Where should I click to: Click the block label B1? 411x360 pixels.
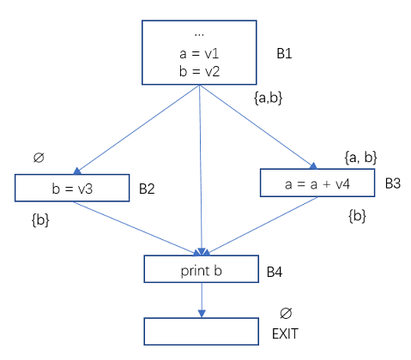point(284,53)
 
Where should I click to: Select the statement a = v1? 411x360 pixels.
point(199,53)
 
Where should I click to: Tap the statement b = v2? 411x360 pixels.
point(200,71)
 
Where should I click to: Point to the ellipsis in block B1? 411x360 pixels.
point(199,35)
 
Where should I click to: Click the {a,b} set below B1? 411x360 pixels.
point(269,98)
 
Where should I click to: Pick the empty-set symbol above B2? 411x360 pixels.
point(39,158)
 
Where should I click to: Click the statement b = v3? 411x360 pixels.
point(72,189)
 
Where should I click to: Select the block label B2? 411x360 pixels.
point(147,189)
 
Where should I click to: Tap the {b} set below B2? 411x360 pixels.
point(40,220)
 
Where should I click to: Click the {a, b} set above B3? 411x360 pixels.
point(361,158)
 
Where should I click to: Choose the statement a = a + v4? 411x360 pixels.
point(317,184)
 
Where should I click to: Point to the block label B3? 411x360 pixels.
point(393,183)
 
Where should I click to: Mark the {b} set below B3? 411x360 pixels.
point(357,216)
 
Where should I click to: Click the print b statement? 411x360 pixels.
point(202,271)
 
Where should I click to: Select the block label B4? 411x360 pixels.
point(275,272)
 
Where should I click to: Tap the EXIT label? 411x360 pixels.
point(285,333)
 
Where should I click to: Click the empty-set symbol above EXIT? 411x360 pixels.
point(286,314)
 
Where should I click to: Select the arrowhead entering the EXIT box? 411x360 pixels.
point(202,314)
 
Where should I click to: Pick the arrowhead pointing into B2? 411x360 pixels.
point(77,171)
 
